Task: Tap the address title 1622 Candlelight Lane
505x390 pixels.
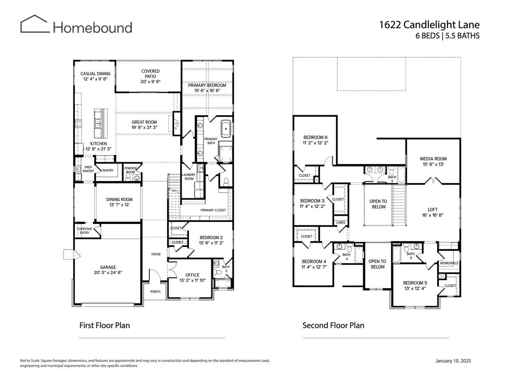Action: coord(429,25)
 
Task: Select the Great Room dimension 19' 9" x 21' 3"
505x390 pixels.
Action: coord(144,127)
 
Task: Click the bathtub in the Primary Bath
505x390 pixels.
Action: coord(226,128)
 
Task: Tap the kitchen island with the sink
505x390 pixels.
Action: coord(100,123)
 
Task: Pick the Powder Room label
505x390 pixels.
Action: coord(130,170)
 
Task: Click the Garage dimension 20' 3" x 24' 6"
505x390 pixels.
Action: coord(108,273)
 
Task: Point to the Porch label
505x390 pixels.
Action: coord(155,291)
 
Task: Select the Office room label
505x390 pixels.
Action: coord(192,275)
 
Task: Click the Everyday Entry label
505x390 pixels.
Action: coord(85,231)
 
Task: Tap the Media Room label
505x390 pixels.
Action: coord(433,159)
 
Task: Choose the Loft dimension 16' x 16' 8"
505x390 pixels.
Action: coord(432,215)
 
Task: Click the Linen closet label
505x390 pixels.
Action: coord(341,222)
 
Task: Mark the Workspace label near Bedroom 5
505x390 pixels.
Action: coord(449,263)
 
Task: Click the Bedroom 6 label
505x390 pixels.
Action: coord(315,137)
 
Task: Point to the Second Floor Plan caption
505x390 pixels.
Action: coord(333,325)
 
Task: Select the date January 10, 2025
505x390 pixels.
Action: coord(453,361)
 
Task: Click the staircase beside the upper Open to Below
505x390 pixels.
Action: coord(399,205)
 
